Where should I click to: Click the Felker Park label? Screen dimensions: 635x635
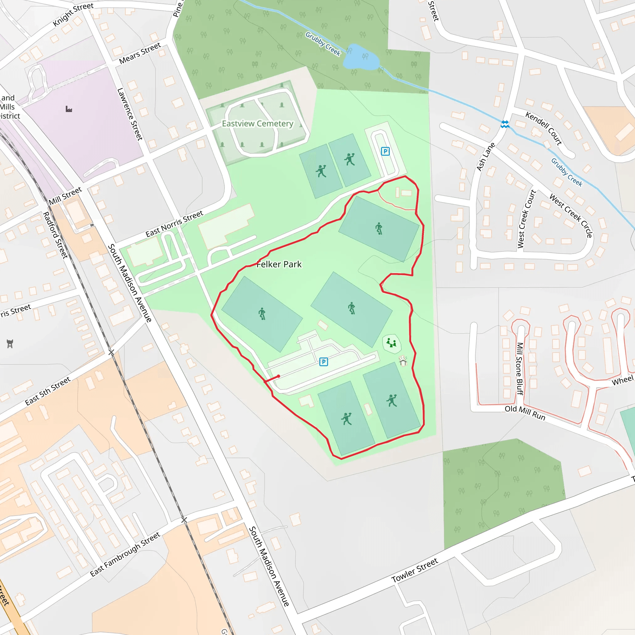[279, 264]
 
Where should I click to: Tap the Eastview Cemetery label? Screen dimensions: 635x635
[257, 124]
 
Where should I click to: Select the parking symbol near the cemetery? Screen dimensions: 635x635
[385, 151]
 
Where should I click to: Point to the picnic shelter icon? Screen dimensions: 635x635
[403, 361]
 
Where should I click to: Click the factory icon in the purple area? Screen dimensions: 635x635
[69, 109]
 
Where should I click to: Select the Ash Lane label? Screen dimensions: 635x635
[486, 157]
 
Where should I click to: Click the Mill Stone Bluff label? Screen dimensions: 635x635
[520, 368]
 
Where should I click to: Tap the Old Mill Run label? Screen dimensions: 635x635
[525, 413]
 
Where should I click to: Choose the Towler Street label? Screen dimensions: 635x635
[415, 570]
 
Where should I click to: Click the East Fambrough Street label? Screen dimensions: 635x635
[125, 554]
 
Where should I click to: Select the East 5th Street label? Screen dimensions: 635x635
[48, 391]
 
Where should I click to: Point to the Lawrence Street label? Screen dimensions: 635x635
[130, 114]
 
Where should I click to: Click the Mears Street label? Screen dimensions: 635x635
[140, 54]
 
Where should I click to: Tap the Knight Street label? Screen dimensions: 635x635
[73, 15]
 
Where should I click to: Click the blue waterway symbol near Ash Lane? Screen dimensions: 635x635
[505, 124]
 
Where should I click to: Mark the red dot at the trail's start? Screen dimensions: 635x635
[278, 376]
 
